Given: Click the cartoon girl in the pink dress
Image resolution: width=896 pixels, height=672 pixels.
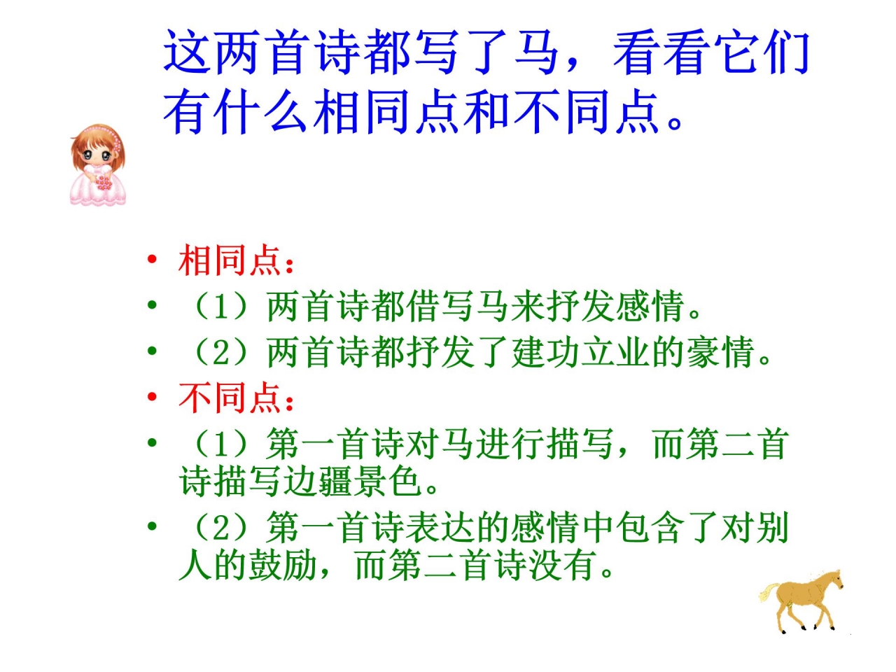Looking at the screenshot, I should click(x=99, y=165).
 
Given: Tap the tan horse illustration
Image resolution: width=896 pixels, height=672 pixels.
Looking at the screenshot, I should click(x=805, y=598).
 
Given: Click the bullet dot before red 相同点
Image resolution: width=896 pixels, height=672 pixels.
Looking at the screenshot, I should click(x=152, y=260).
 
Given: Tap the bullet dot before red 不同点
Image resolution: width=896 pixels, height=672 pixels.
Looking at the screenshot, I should click(x=152, y=397).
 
